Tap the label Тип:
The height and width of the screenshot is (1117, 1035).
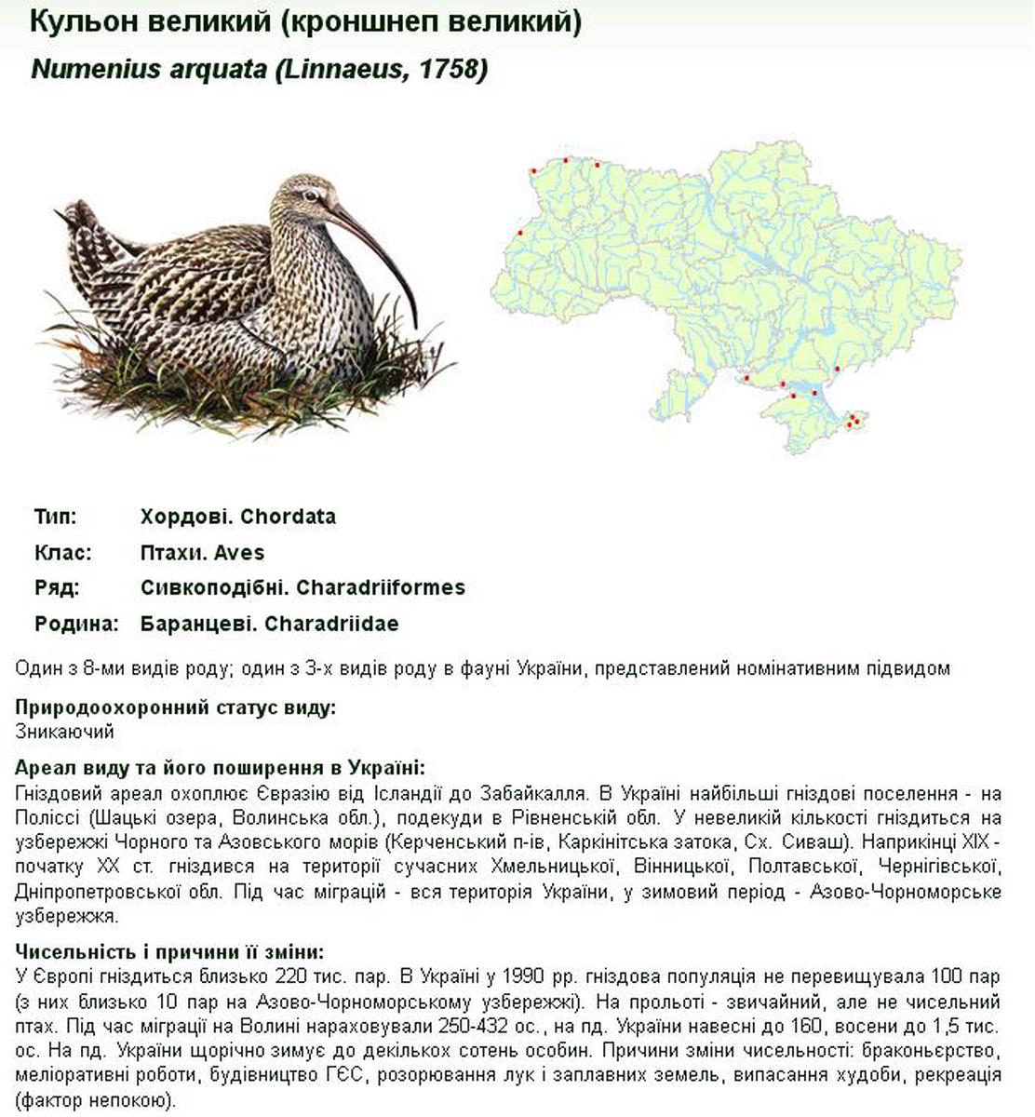click(55, 517)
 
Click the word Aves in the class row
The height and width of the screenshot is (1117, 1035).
click(239, 553)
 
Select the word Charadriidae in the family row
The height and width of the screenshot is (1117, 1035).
click(331, 624)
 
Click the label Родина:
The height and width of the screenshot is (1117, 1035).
click(77, 624)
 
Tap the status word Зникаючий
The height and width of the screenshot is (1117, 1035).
click(64, 732)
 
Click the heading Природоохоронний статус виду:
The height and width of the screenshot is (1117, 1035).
click(176, 708)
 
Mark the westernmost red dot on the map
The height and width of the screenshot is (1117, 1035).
click(521, 233)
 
